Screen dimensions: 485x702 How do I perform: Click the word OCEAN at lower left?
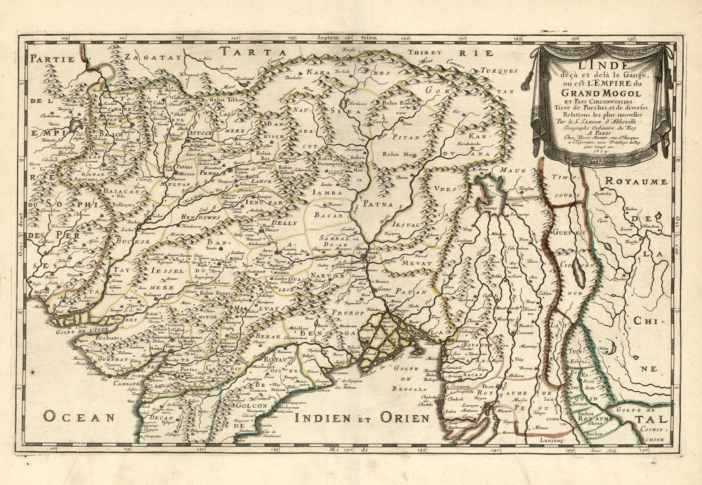[x=79, y=418]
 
